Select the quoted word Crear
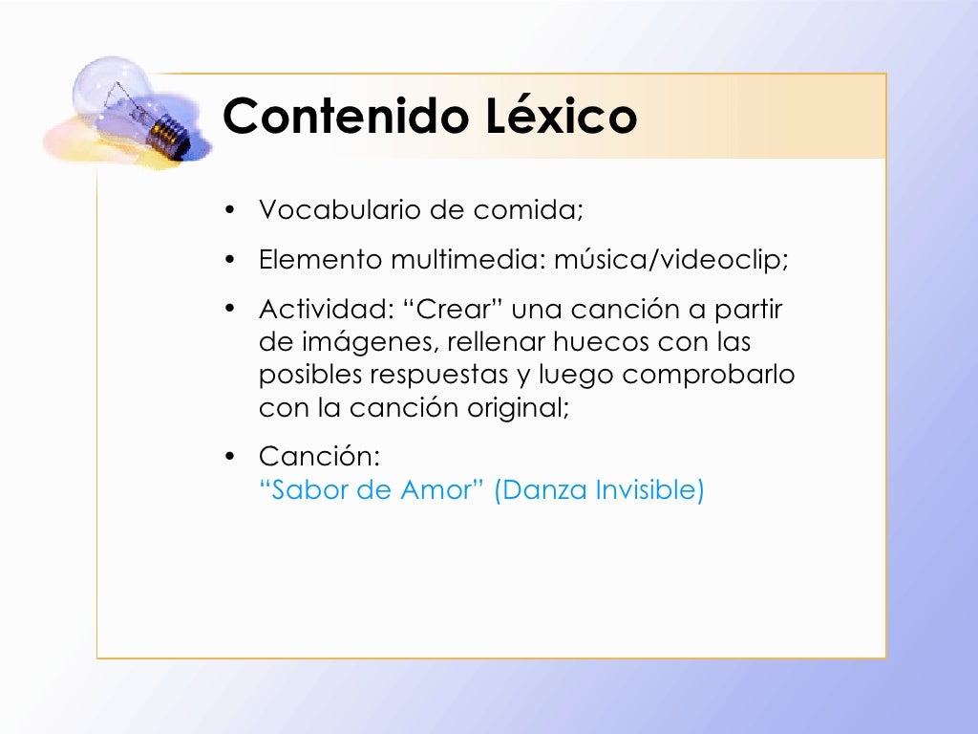tap(460, 311)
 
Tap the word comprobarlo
tap(709, 376)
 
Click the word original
tap(518, 408)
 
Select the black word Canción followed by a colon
tap(320, 458)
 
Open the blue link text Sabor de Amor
tap(372, 490)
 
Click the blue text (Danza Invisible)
tap(599, 490)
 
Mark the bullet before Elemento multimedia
tap(229, 260)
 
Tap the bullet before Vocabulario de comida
tap(229, 210)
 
